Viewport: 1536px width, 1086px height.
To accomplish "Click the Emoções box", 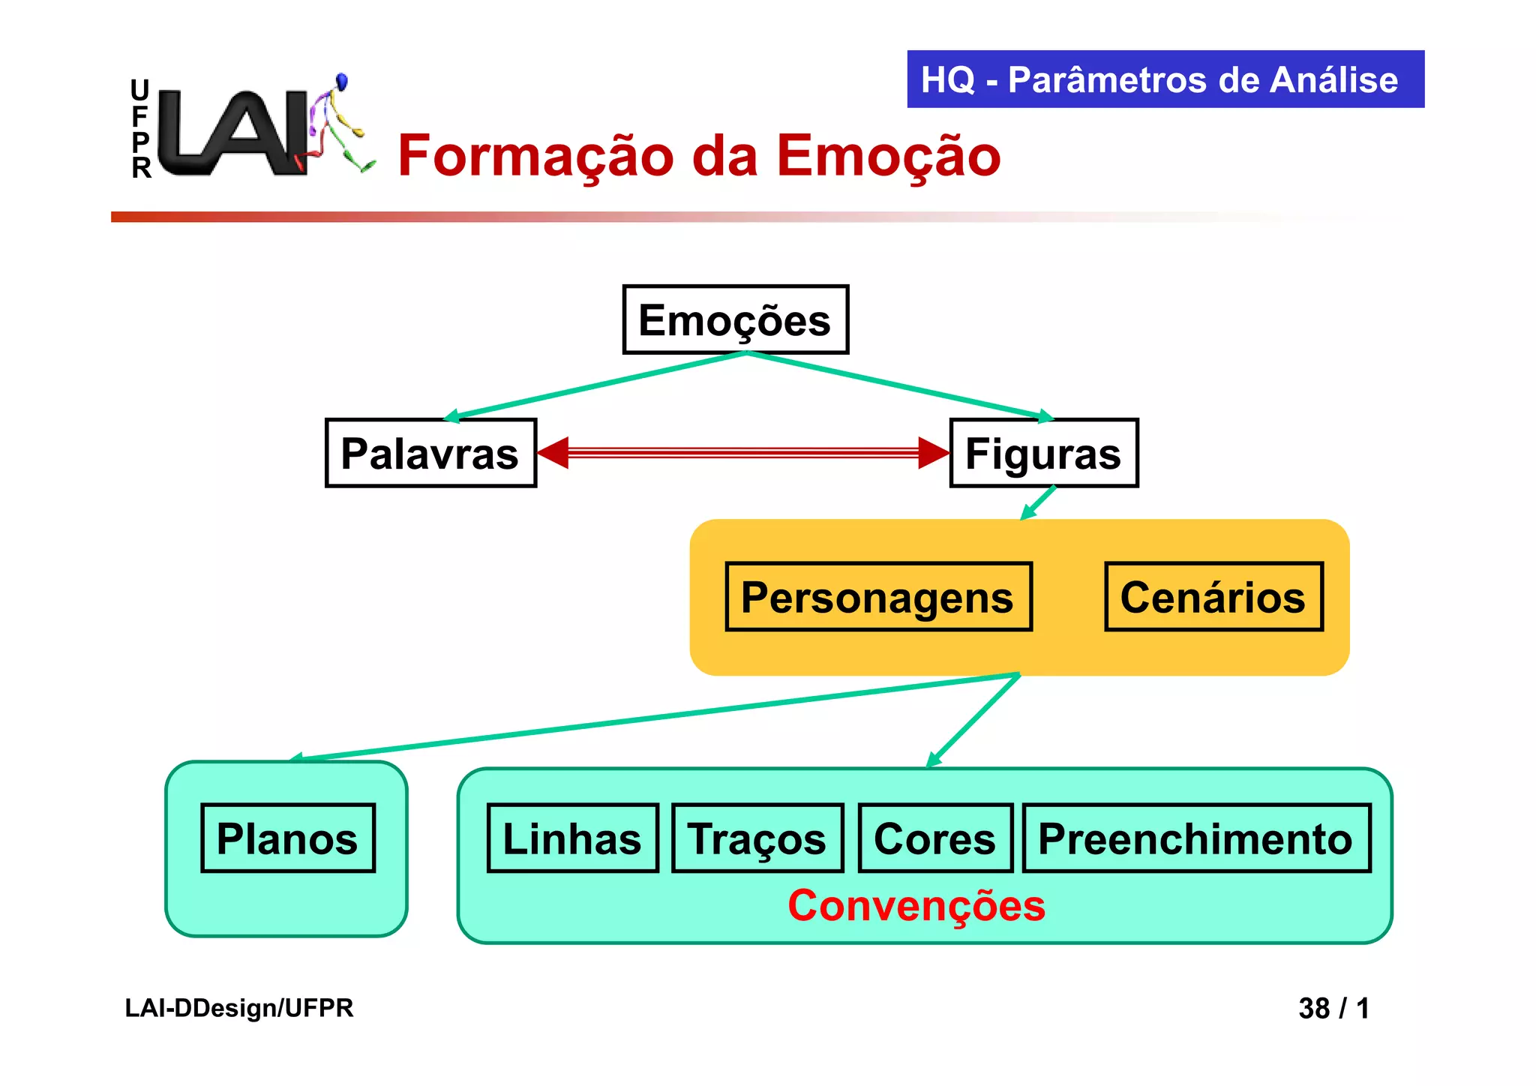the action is (735, 319).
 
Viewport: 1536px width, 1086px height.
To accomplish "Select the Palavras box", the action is (430, 453).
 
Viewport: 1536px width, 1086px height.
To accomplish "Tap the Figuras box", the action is (1043, 453).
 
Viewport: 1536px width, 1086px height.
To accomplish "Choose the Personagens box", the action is (878, 597).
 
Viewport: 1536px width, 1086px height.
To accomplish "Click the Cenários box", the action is (1213, 597).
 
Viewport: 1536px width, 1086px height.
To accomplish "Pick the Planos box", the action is (287, 838).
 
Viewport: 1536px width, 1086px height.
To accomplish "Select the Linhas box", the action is (572, 838).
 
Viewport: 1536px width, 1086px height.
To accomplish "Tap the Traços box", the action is (757, 838).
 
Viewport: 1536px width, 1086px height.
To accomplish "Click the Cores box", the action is (935, 838).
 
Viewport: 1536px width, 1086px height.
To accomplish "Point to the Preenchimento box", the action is (1196, 838).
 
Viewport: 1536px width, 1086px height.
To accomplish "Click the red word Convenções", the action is (916, 905).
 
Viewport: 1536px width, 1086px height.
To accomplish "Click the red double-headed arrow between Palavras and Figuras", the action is (742, 452).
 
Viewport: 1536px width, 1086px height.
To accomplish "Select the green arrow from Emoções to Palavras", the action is (600, 385).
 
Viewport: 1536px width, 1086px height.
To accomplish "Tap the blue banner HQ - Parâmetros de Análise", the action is (1165, 79).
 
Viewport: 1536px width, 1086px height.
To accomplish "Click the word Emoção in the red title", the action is (889, 156).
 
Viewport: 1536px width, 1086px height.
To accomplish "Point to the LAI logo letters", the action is (232, 133).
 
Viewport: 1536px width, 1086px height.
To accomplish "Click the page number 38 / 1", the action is (1333, 1008).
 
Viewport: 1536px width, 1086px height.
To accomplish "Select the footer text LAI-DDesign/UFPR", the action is (238, 1008).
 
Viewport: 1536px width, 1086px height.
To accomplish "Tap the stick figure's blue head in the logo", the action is (342, 80).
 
